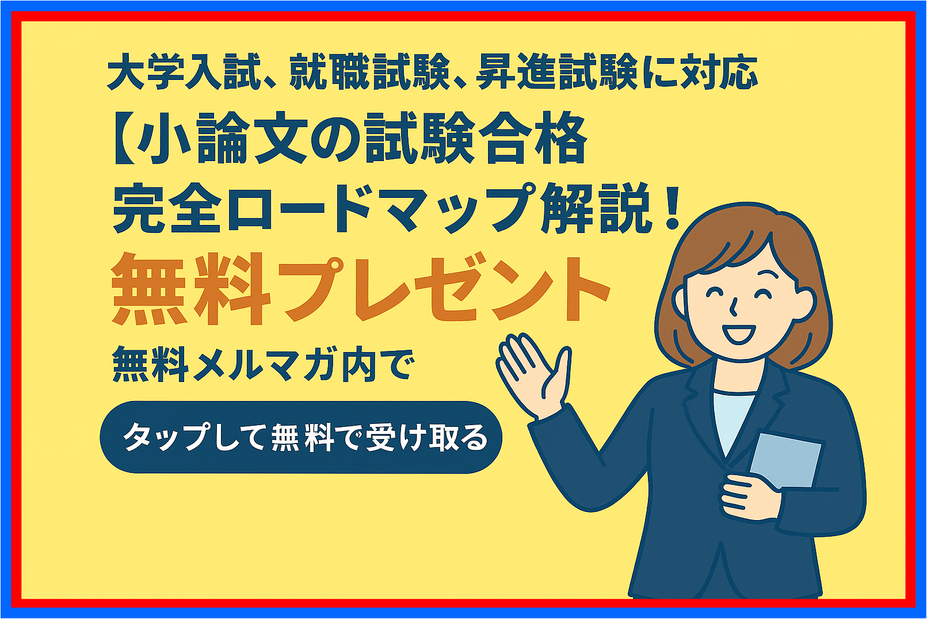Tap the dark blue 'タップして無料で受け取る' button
click(x=301, y=437)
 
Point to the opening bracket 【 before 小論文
click(x=124, y=138)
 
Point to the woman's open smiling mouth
click(x=739, y=334)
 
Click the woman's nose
click(x=733, y=307)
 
